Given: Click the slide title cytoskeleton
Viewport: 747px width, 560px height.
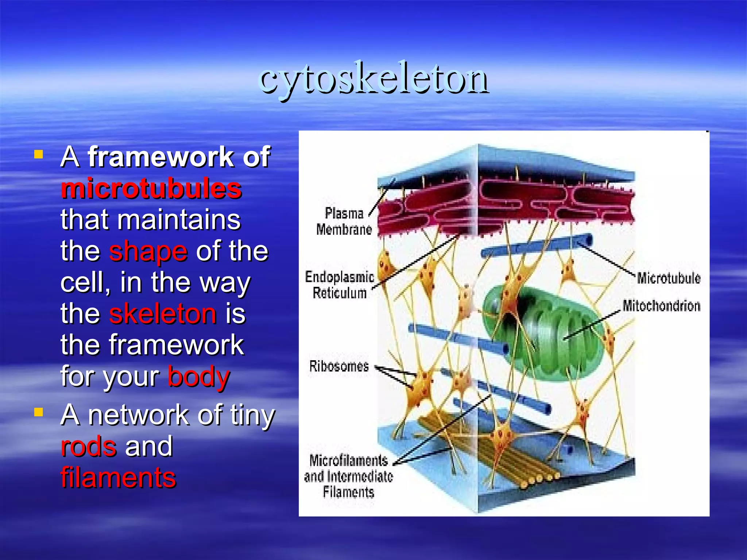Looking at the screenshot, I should tap(373, 78).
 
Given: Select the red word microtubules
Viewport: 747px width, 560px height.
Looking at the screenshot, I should tap(151, 188).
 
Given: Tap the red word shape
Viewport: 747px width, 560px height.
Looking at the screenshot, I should tap(148, 251).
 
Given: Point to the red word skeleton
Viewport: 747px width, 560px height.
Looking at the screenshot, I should tap(163, 314).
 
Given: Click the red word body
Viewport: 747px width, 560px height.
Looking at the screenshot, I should tap(198, 377).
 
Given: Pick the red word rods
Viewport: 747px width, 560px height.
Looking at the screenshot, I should tap(89, 446).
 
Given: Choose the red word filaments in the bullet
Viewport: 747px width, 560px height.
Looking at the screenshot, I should tap(119, 477).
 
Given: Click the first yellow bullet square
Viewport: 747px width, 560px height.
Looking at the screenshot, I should tap(38, 155).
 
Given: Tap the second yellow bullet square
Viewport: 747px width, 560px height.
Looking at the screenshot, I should tap(38, 412).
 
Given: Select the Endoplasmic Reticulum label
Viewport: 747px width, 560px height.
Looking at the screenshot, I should tap(340, 285).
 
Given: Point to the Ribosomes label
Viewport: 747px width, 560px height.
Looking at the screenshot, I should tap(339, 366).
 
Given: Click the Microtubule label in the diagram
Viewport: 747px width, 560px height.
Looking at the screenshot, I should tap(669, 278).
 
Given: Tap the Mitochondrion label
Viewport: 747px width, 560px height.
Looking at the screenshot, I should tap(661, 306).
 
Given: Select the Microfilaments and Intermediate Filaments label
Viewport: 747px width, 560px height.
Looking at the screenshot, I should tap(348, 476).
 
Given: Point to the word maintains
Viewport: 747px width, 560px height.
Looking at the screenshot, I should tap(179, 220).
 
